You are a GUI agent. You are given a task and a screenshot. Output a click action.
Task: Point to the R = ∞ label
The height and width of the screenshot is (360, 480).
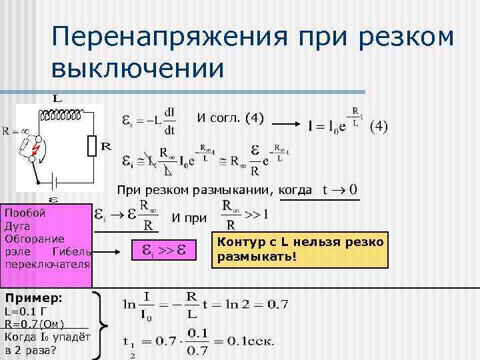(x=15, y=131)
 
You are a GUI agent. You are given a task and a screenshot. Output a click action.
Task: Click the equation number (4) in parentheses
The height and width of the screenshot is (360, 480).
(x=381, y=126)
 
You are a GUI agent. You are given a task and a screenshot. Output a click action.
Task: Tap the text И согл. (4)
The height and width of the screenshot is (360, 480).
(x=230, y=119)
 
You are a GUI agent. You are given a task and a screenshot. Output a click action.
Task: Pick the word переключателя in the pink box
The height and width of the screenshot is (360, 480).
(x=47, y=264)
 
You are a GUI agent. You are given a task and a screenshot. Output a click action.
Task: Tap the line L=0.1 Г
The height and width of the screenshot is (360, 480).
(x=27, y=311)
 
